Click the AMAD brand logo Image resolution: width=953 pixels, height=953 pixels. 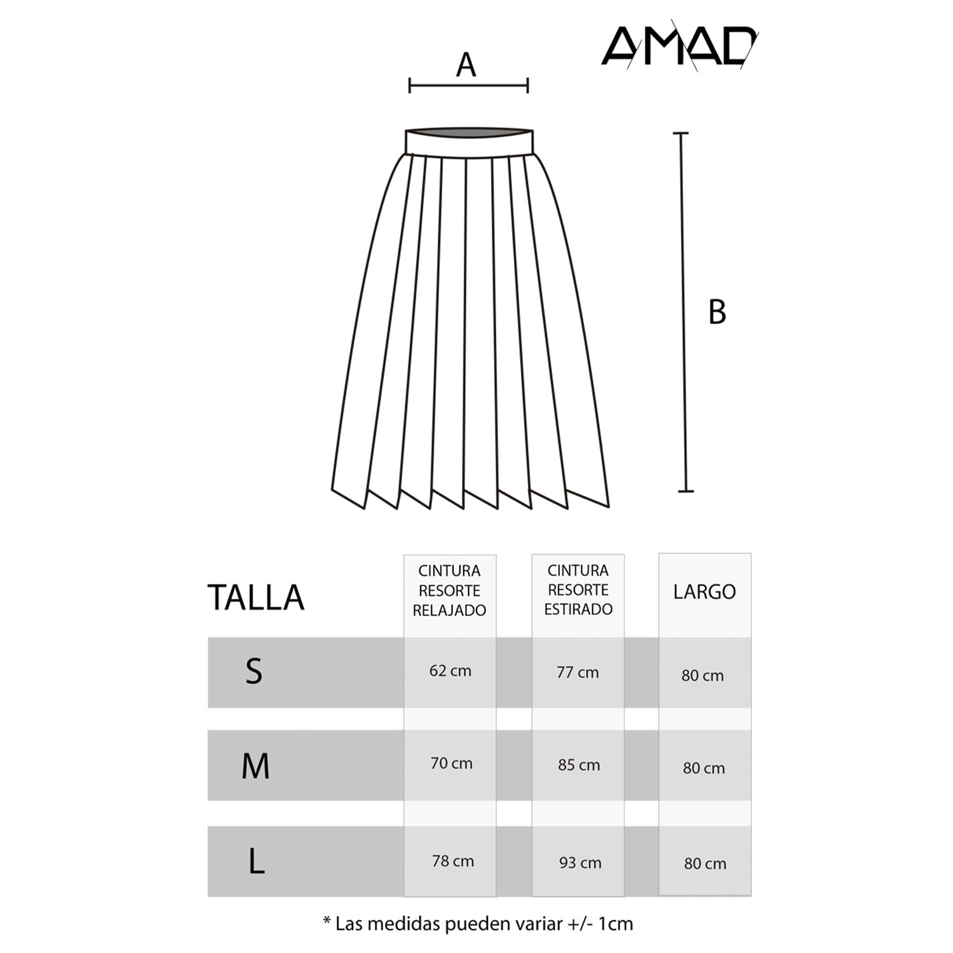tap(679, 46)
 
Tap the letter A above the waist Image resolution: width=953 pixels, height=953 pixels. tap(466, 65)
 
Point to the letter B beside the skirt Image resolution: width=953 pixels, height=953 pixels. tap(717, 312)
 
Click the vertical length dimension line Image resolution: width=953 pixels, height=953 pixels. tap(684, 311)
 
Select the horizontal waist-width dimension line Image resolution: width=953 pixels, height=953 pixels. tap(468, 85)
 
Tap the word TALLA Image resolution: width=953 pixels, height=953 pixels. tap(255, 597)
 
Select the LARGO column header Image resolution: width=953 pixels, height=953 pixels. tap(704, 592)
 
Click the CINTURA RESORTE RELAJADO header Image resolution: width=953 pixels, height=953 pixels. tap(449, 591)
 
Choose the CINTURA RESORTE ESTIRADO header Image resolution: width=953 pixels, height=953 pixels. tap(578, 590)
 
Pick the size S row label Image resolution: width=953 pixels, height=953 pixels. tap(253, 671)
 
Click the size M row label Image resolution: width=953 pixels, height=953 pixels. tap(255, 766)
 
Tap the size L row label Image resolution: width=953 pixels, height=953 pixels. tap(256, 862)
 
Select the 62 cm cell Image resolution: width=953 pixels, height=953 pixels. tap(450, 671)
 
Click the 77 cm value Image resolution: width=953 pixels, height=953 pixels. tap(578, 672)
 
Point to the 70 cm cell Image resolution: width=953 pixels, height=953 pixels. tap(451, 764)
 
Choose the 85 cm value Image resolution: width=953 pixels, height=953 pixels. tap(579, 765)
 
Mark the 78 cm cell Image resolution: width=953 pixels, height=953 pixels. tap(452, 862)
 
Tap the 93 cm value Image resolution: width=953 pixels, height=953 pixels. tap(580, 863)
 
